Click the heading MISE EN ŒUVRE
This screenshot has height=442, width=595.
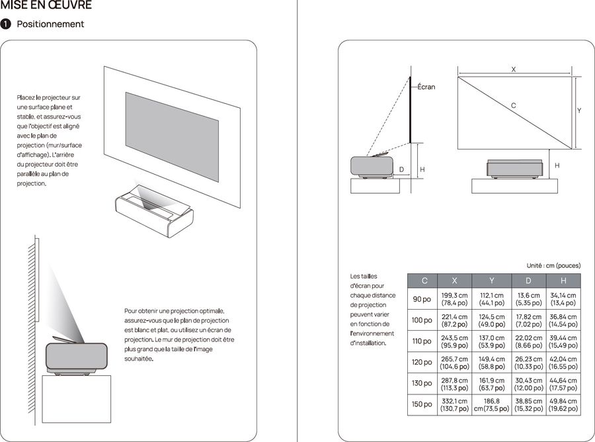[x=46, y=6]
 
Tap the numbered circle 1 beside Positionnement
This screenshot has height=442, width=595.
[x=6, y=24]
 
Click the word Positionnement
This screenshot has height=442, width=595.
[x=50, y=24]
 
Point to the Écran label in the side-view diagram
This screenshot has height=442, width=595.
[x=426, y=87]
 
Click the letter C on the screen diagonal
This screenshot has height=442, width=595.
[x=514, y=105]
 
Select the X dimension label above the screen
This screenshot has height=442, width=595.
[x=514, y=69]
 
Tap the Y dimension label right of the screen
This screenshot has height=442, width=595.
[x=579, y=111]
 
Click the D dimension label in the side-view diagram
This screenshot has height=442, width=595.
[x=401, y=170]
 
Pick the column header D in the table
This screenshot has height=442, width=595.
[x=528, y=281]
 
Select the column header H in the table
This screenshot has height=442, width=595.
[x=563, y=281]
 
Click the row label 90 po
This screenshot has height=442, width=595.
[x=422, y=299]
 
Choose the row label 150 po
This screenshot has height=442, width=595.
[x=422, y=404]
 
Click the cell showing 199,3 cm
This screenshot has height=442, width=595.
[x=454, y=299]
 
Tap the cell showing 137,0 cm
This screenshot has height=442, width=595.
[x=491, y=341]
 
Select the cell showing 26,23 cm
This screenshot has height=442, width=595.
[x=528, y=362]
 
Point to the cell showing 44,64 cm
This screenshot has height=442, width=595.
[x=563, y=383]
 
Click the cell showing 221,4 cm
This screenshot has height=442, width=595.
[x=454, y=320]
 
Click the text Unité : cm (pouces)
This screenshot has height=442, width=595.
[x=553, y=265]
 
